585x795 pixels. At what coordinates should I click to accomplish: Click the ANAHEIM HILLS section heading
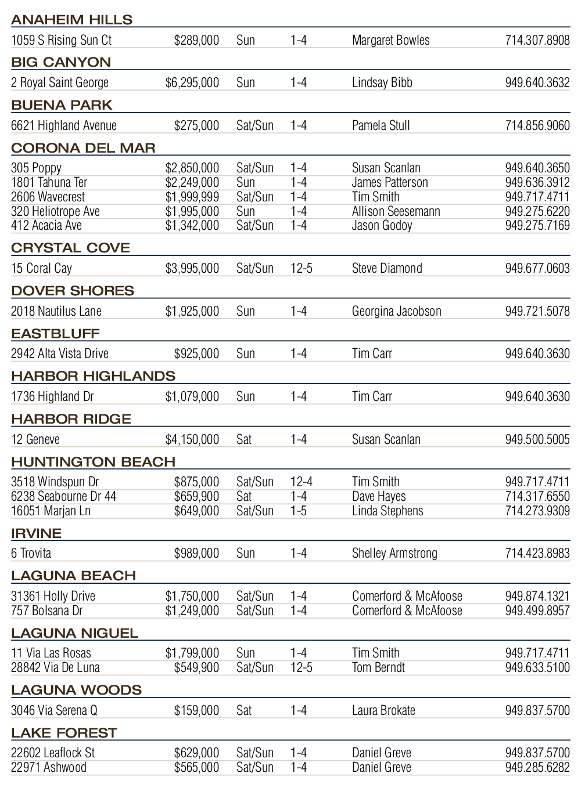(x=72, y=20)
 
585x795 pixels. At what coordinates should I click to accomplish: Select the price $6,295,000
(x=192, y=83)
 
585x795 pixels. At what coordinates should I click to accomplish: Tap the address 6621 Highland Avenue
(x=64, y=126)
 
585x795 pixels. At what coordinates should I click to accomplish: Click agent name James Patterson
(x=390, y=183)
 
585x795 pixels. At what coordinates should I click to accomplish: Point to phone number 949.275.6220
(x=537, y=212)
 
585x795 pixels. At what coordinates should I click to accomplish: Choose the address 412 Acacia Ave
(x=46, y=226)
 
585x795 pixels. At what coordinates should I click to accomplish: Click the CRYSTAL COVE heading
(x=70, y=248)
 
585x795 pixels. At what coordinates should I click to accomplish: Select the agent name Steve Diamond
(x=387, y=269)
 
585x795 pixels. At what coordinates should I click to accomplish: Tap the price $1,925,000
(x=192, y=312)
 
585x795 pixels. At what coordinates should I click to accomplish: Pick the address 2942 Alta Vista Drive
(x=60, y=354)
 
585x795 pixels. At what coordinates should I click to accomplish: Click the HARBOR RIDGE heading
(x=71, y=419)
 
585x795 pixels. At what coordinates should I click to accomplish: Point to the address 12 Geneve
(x=35, y=440)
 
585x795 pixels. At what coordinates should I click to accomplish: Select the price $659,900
(x=197, y=497)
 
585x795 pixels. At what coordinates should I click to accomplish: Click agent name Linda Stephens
(x=387, y=511)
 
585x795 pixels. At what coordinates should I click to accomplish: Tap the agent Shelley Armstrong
(x=394, y=554)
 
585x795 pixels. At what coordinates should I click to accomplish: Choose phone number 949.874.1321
(x=537, y=597)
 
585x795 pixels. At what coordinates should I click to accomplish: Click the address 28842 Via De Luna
(x=55, y=668)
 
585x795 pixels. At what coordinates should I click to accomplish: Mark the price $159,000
(x=197, y=711)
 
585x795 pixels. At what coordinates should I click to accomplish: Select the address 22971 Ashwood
(x=49, y=768)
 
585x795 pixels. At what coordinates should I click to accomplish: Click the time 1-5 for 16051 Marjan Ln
(x=299, y=511)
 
